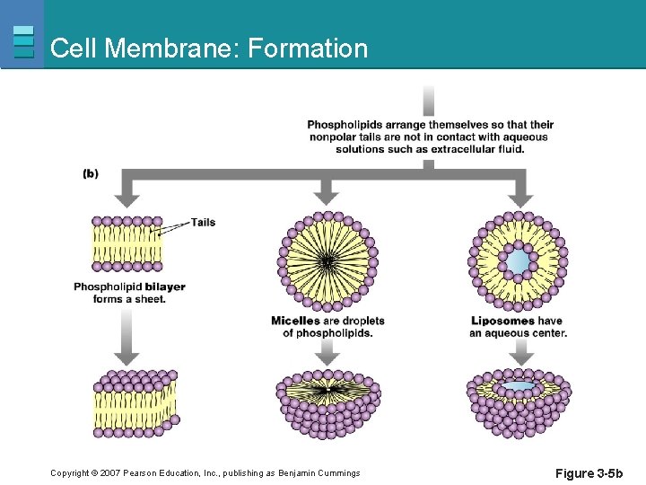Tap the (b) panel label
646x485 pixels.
pyautogui.click(x=91, y=173)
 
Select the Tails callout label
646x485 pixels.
pyautogui.click(x=203, y=222)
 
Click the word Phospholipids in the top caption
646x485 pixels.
pyautogui.click(x=345, y=125)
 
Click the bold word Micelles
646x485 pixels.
pyautogui.click(x=295, y=321)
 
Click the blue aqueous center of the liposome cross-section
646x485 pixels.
pyautogui.click(x=516, y=262)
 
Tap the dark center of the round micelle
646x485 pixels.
pyautogui.click(x=327, y=260)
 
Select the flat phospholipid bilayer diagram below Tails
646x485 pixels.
pyautogui.click(x=127, y=242)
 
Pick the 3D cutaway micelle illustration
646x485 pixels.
pyautogui.click(x=327, y=404)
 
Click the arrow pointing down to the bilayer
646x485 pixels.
pyautogui.click(x=127, y=190)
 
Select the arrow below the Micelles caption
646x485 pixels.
pyautogui.click(x=327, y=352)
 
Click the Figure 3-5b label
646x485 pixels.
pyautogui.click(x=589, y=473)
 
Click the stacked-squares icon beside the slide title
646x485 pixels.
pyautogui.click(x=24, y=41)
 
